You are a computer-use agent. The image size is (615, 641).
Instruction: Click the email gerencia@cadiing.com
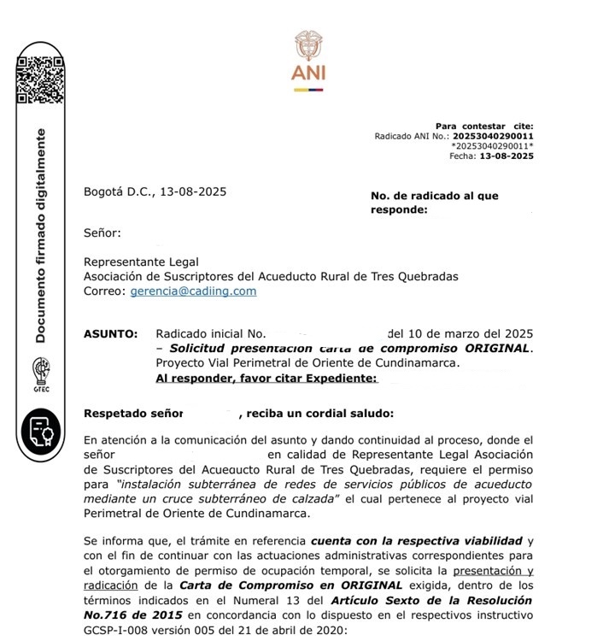click(x=193, y=291)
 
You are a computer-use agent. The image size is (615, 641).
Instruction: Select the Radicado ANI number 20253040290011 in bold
click(x=493, y=136)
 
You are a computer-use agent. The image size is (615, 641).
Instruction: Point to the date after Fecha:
click(x=507, y=156)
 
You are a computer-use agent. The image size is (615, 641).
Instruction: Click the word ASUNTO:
click(x=110, y=333)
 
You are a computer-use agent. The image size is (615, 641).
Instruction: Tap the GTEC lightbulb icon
click(x=41, y=374)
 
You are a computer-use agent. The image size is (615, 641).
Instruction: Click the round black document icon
click(x=40, y=430)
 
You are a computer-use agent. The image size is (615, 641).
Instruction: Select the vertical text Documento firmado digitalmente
click(x=40, y=236)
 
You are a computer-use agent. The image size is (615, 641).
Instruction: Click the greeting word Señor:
click(x=102, y=232)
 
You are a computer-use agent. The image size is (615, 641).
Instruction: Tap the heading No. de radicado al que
click(x=434, y=196)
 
